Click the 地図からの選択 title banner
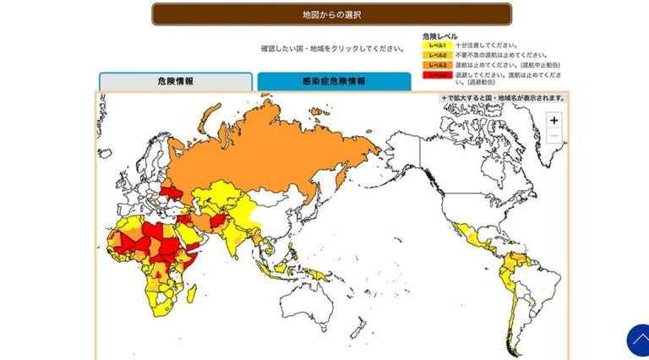point(331,14)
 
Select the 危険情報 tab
point(175,81)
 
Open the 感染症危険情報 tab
point(334,81)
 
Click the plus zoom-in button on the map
point(554,121)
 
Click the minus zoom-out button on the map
point(554,136)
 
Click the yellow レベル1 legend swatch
point(437,45)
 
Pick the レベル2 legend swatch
point(437,55)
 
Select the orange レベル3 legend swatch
point(437,65)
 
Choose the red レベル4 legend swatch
point(437,75)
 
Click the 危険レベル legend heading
point(440,35)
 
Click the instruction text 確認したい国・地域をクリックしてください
point(331,48)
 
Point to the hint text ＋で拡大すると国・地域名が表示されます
point(503,98)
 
